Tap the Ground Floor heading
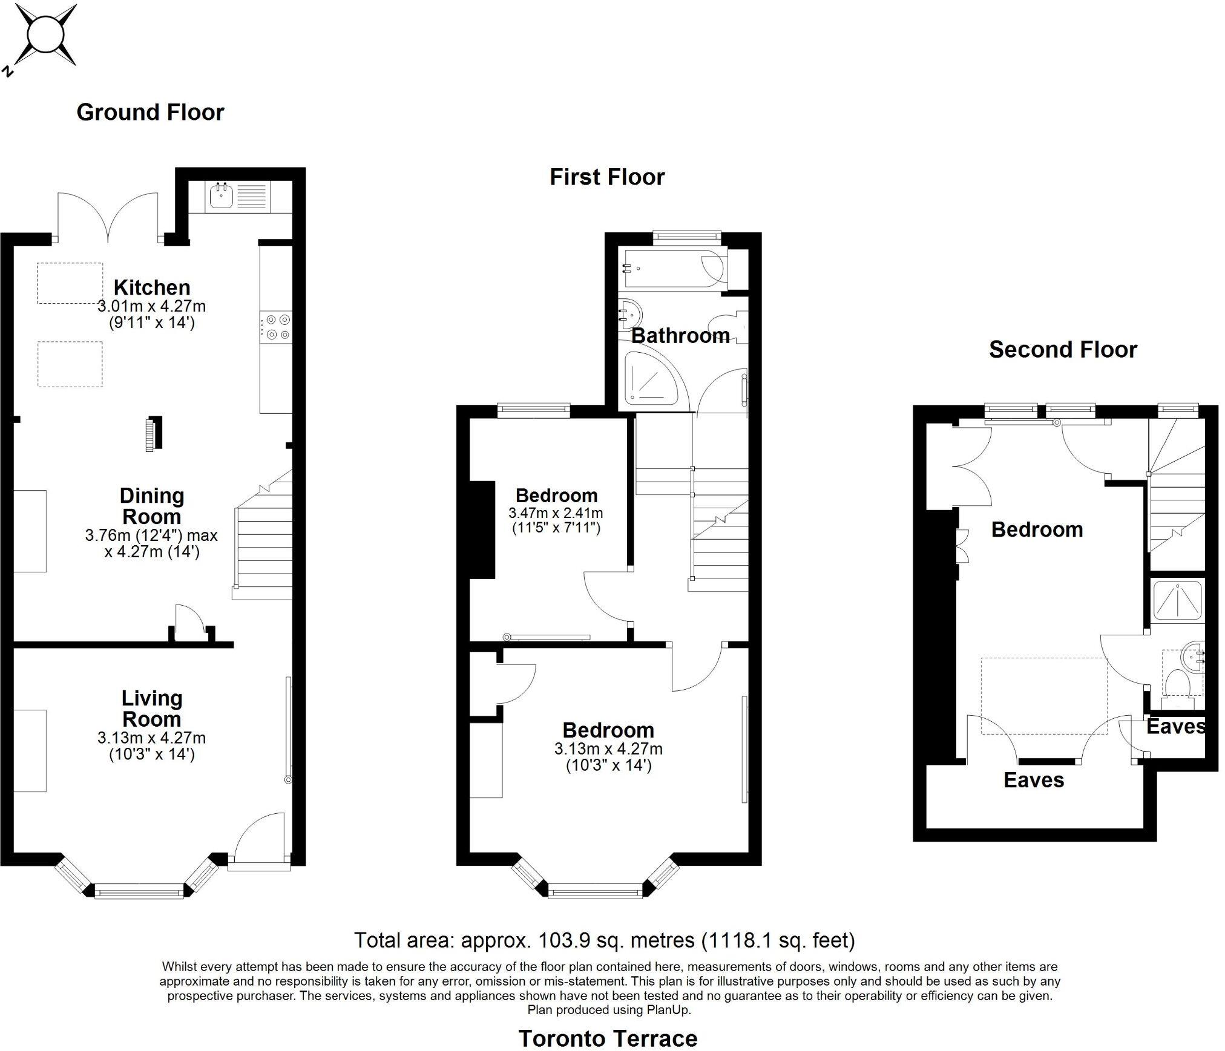[150, 113]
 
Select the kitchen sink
[222, 195]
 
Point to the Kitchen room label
[152, 287]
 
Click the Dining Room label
[151, 506]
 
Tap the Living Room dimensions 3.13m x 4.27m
[151, 738]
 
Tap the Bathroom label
[680, 336]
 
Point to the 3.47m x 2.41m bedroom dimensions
[556, 514]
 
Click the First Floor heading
[607, 177]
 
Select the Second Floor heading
[1063, 350]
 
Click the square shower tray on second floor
[1177, 601]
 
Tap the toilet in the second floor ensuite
[1178, 684]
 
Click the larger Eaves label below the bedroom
[1034, 781]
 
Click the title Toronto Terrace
[608, 1039]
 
